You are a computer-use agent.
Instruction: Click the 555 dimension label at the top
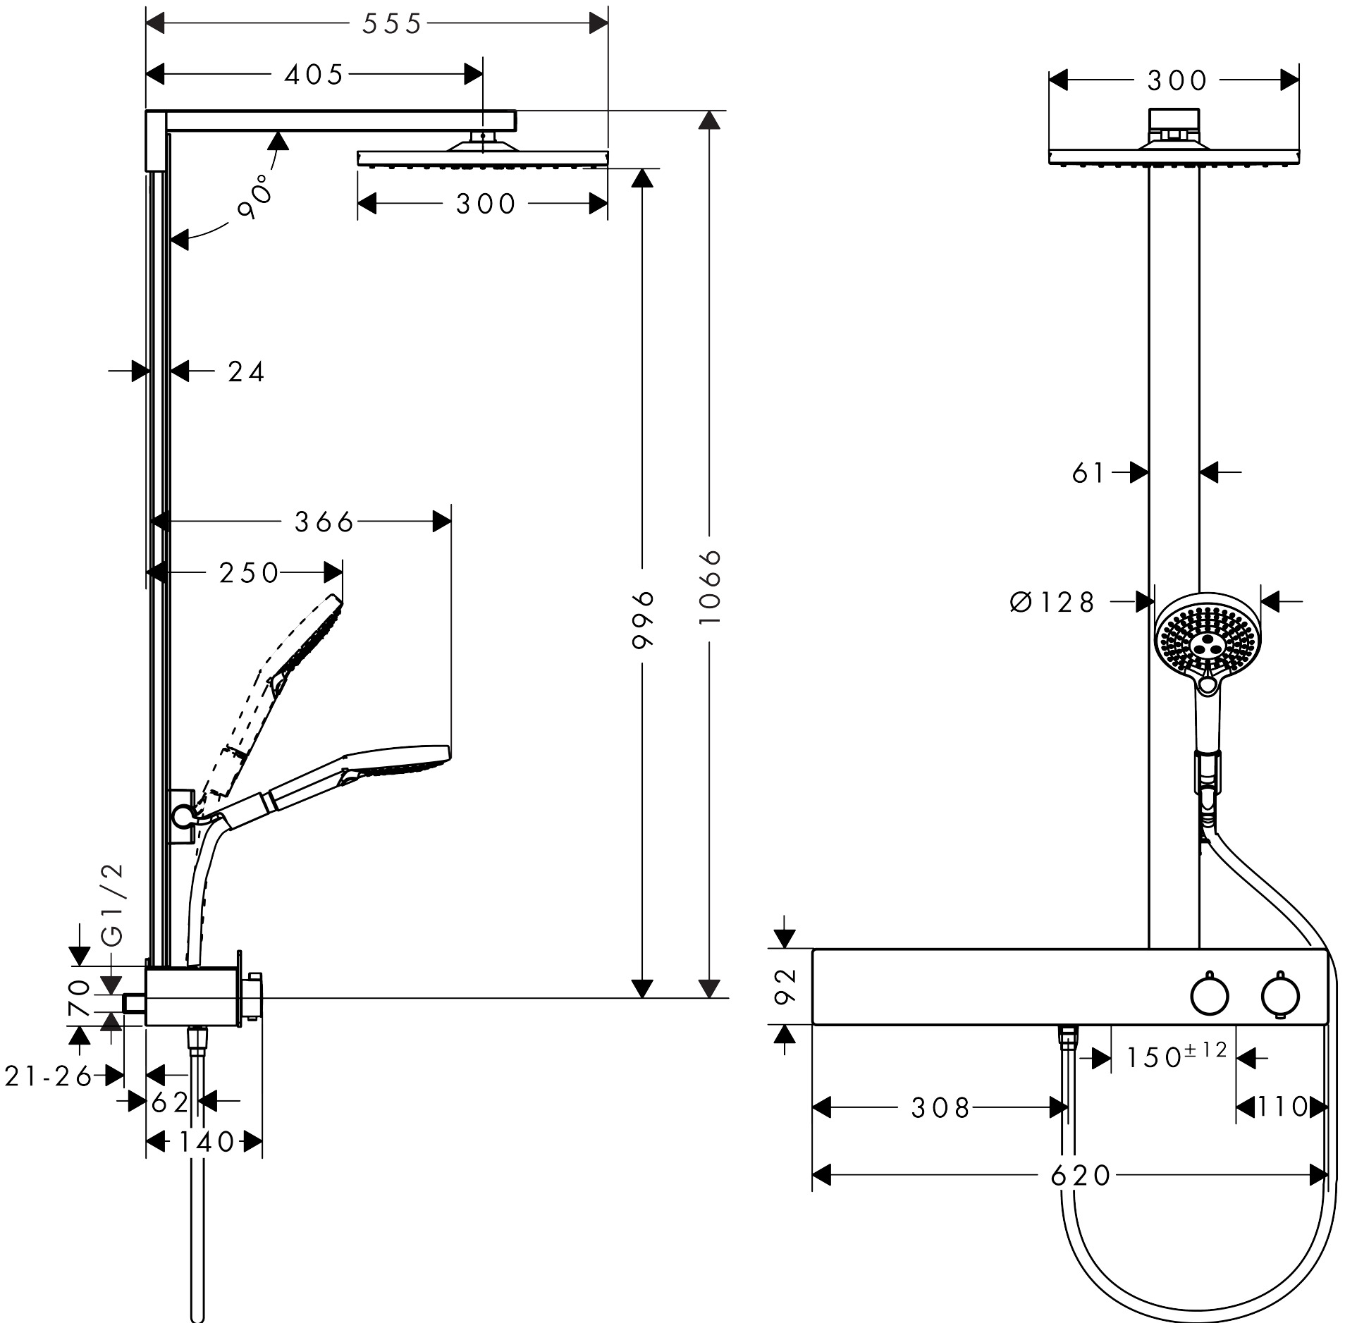pyautogui.click(x=392, y=25)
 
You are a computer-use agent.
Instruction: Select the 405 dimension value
pyautogui.click(x=314, y=75)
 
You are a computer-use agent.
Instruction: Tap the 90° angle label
pyautogui.click(x=255, y=199)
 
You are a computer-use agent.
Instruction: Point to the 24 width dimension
pyautogui.click(x=246, y=371)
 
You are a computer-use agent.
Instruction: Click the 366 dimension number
pyautogui.click(x=324, y=522)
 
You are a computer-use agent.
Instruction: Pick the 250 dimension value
pyautogui.click(x=250, y=573)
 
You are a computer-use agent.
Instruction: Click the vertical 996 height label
pyautogui.click(x=643, y=620)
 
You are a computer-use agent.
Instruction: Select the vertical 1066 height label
pyautogui.click(x=712, y=586)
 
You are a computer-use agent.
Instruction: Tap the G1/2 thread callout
pyautogui.click(x=113, y=904)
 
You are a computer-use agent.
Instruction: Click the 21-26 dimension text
pyautogui.click(x=49, y=1076)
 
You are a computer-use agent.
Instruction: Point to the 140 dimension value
pyautogui.click(x=205, y=1142)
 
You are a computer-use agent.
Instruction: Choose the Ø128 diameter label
pyautogui.click(x=1053, y=602)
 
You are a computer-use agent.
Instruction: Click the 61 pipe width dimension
pyautogui.click(x=1088, y=473)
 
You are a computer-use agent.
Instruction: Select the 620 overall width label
pyautogui.click(x=1080, y=1175)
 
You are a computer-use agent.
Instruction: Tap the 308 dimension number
pyautogui.click(x=940, y=1108)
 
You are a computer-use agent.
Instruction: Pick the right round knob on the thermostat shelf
pyautogui.click(x=1280, y=995)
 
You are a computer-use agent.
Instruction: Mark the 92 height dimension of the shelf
pyautogui.click(x=785, y=986)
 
